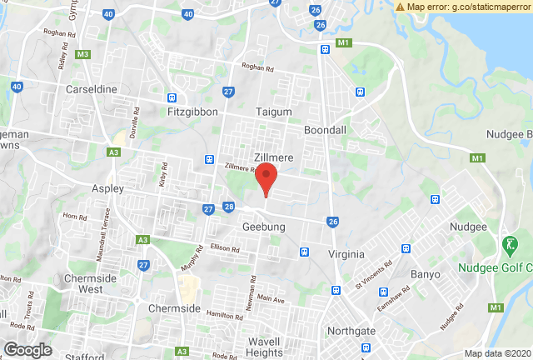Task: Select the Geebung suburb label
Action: [x=264, y=227]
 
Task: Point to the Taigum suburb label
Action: [x=273, y=111]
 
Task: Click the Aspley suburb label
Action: [x=108, y=189]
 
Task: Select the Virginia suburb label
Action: [x=346, y=254]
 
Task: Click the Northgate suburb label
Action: [x=352, y=331]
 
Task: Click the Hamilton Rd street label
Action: [x=225, y=313]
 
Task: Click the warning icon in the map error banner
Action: [x=401, y=7]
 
